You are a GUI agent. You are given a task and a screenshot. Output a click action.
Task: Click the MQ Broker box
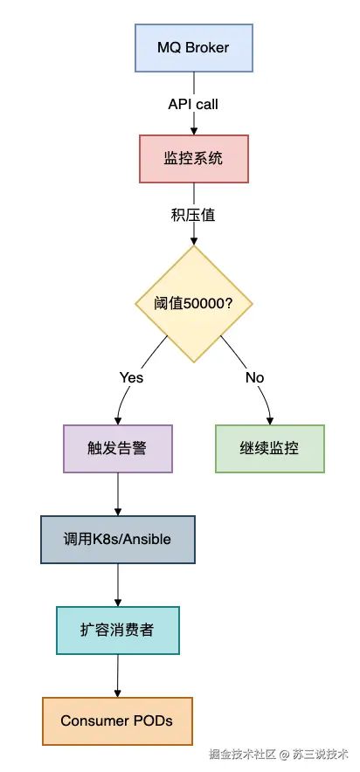pyautogui.click(x=193, y=48)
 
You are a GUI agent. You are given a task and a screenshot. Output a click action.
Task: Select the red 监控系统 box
pyautogui.click(x=193, y=159)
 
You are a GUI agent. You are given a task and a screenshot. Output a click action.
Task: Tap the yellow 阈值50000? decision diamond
pyautogui.click(x=193, y=304)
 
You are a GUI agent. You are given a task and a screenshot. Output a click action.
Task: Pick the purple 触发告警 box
pyautogui.click(x=118, y=449)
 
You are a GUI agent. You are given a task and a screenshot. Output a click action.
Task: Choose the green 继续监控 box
pyautogui.click(x=270, y=449)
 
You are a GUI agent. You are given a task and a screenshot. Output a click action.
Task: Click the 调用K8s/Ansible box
pyautogui.click(x=118, y=540)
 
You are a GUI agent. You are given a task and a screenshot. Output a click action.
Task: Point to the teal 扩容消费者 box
pyautogui.click(x=118, y=631)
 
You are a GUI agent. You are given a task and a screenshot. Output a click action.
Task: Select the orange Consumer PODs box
pyautogui.click(x=117, y=720)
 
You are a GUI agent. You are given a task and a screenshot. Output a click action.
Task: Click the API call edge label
pyautogui.click(x=193, y=105)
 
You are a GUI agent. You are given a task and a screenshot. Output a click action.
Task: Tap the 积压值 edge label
pyautogui.click(x=193, y=215)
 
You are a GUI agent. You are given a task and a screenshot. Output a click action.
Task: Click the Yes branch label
pyautogui.click(x=131, y=377)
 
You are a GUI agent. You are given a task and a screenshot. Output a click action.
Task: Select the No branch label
pyautogui.click(x=254, y=377)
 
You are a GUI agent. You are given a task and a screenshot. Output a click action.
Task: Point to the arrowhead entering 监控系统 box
pyautogui.click(x=193, y=130)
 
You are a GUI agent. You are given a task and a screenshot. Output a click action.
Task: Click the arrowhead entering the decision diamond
pyautogui.click(x=193, y=241)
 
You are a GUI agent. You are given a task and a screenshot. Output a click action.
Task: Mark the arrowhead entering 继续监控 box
pyautogui.click(x=270, y=420)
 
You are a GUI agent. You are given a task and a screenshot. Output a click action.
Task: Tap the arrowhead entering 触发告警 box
pyautogui.click(x=118, y=420)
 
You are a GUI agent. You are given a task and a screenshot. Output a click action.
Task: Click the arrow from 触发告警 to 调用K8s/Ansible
pyautogui.click(x=118, y=494)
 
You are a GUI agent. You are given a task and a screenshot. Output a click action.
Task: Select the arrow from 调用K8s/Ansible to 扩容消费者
pyautogui.click(x=118, y=585)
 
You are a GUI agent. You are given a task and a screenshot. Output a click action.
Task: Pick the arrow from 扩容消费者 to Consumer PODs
pyautogui.click(x=118, y=676)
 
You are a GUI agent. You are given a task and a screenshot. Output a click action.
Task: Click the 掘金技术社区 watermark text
pyautogui.click(x=242, y=755)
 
